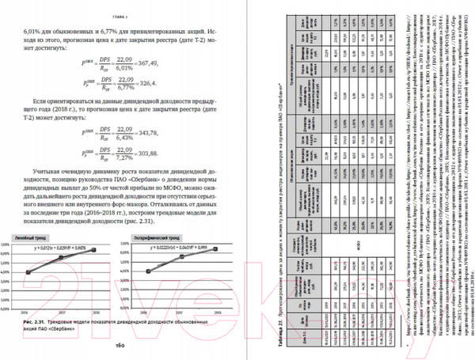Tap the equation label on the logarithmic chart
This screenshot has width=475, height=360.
click(x=184, y=248)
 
